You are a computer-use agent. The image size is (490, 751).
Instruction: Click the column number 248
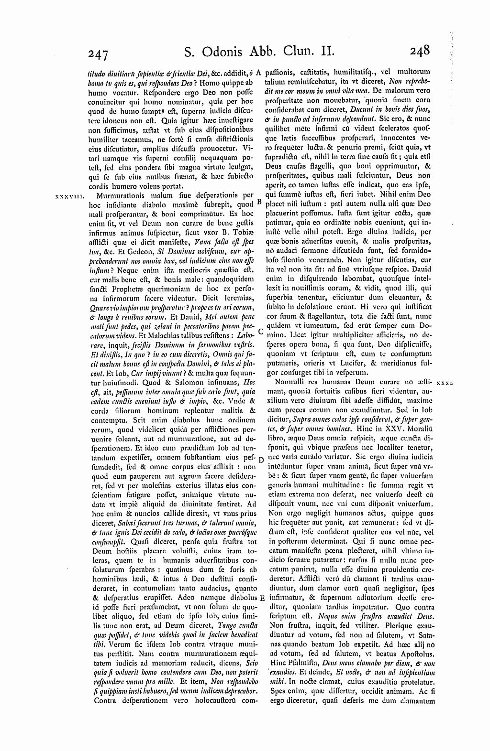419,50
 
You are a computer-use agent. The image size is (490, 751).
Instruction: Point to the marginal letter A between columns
258,73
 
